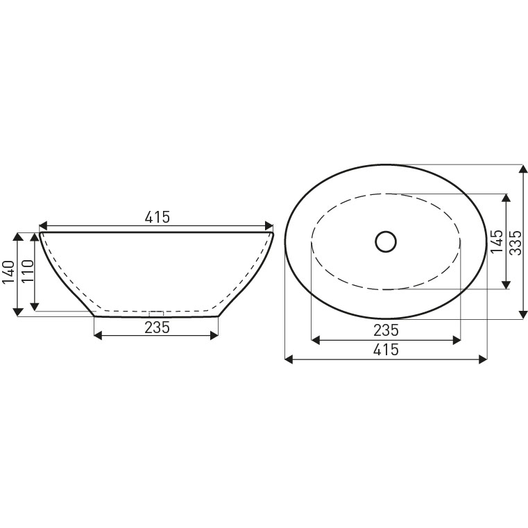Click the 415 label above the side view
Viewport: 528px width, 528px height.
pyautogui.click(x=157, y=218)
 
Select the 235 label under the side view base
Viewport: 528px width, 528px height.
pyautogui.click(x=157, y=327)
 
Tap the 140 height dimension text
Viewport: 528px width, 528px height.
pyautogui.click(x=9, y=273)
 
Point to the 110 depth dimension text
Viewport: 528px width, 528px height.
pyautogui.click(x=28, y=271)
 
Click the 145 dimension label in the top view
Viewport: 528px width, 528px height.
pyautogui.click(x=497, y=241)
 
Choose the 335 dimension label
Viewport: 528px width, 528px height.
pyautogui.click(x=516, y=242)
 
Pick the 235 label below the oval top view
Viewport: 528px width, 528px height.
pyautogui.click(x=386, y=330)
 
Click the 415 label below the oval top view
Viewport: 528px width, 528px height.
pyautogui.click(x=386, y=350)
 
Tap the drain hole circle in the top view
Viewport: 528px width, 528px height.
pyautogui.click(x=386, y=241)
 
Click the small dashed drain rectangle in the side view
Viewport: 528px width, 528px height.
pyautogui.click(x=156, y=314)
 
